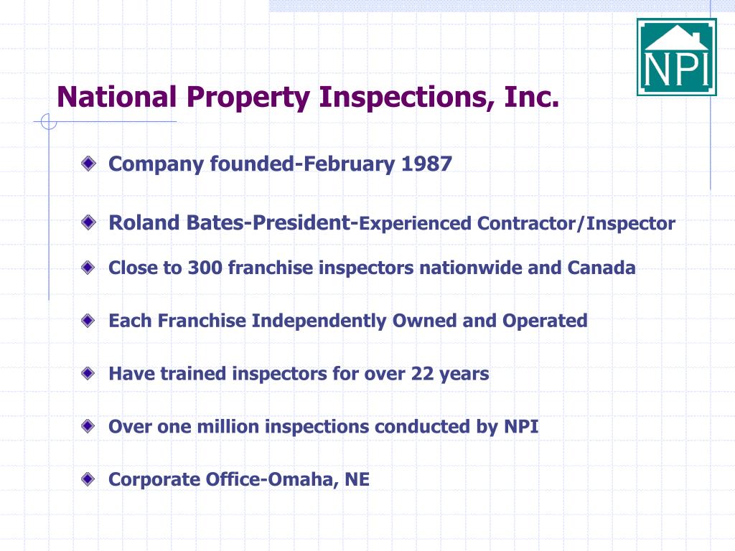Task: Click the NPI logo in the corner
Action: coord(677,57)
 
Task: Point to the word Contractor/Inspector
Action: coord(576,224)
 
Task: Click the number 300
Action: coord(205,268)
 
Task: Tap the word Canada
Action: coord(601,268)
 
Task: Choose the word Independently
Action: coord(319,321)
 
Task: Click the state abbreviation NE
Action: coord(357,480)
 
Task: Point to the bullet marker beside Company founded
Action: coord(88,164)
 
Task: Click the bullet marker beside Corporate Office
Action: coord(88,479)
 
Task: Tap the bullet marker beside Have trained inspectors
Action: coord(88,373)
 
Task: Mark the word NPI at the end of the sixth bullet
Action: coord(521,427)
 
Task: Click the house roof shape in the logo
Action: coord(677,37)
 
